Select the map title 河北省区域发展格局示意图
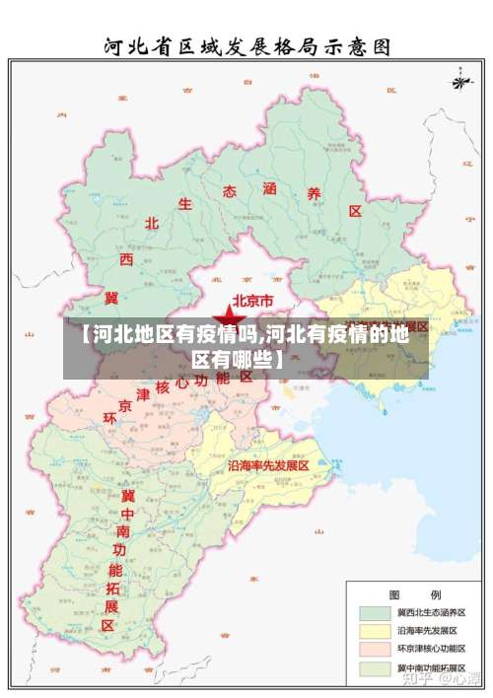click(246, 45)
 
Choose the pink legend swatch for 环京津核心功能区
click(373, 651)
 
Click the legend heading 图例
click(414, 594)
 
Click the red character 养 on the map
click(315, 194)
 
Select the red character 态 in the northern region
click(230, 190)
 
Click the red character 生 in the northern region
click(185, 204)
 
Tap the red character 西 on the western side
click(126, 258)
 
